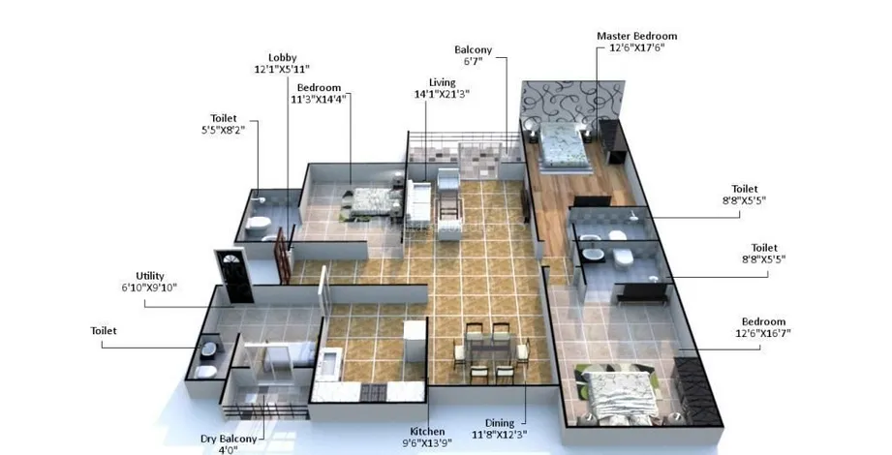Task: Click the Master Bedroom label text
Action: coord(636,36)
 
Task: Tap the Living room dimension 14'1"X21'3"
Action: coord(442,95)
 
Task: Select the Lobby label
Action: coord(283,57)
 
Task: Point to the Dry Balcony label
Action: coord(229,439)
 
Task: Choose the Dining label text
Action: coord(500,423)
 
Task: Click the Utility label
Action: coord(150,276)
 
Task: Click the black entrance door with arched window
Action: coord(233,276)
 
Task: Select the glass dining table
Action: coord(491,349)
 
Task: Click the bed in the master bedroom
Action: coord(563,145)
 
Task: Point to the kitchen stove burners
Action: coord(373,392)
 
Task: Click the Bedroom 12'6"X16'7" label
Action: coord(763,327)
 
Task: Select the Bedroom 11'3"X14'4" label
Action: coord(320,93)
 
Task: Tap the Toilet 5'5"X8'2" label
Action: coord(224,124)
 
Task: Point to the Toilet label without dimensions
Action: coord(104,330)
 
